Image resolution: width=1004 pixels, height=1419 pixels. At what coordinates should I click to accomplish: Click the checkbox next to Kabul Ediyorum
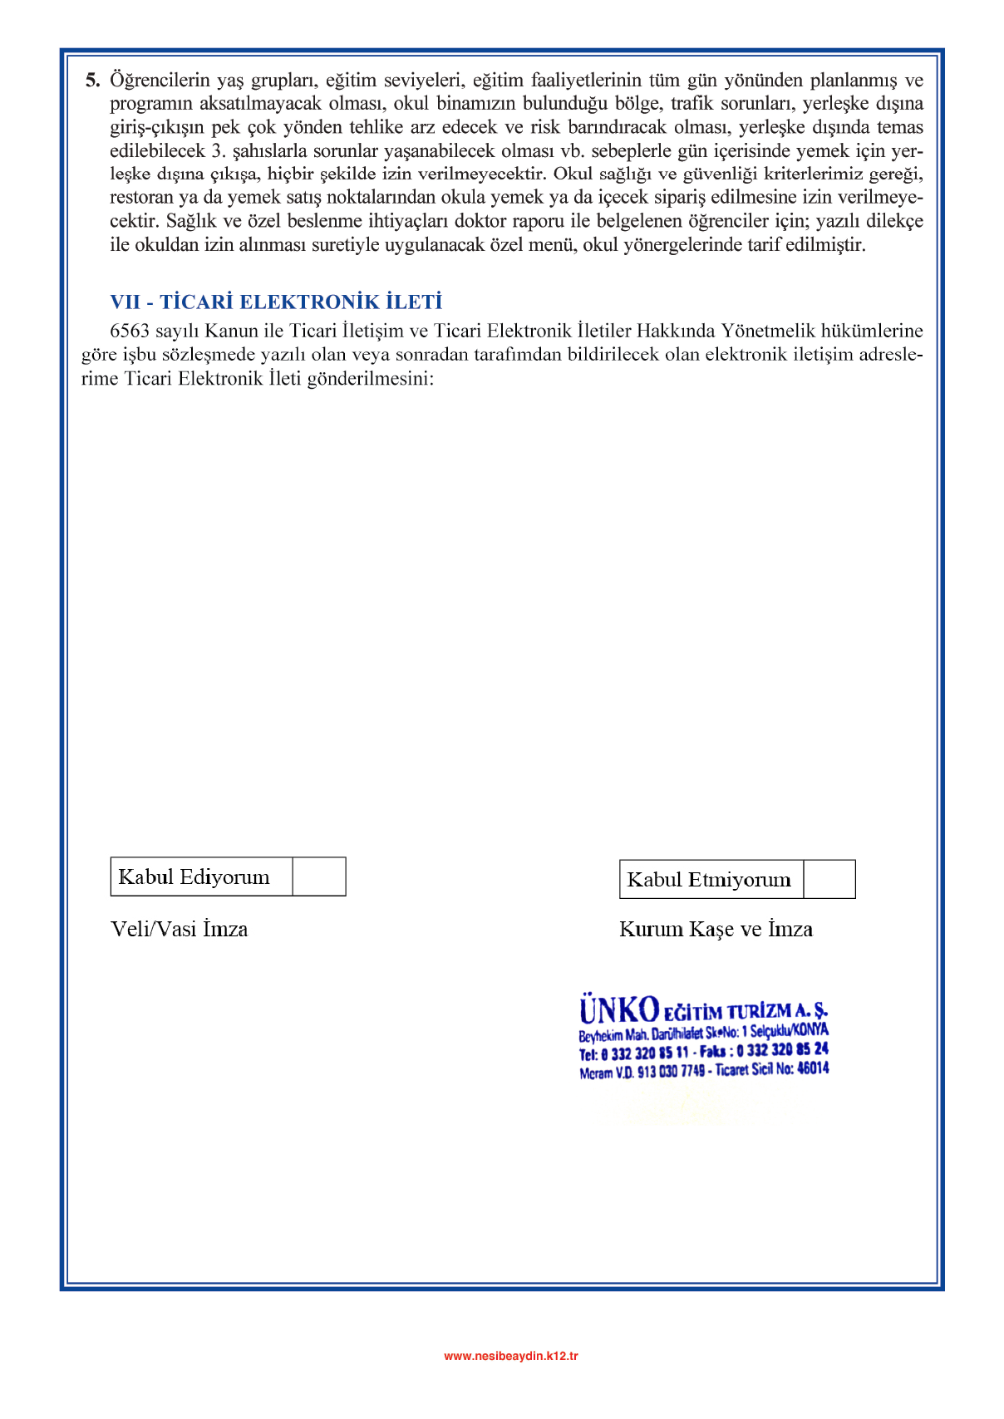click(319, 876)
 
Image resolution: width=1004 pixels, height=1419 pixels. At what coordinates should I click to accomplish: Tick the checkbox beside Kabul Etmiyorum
click(829, 879)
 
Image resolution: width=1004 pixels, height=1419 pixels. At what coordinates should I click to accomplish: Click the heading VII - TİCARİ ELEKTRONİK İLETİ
click(276, 302)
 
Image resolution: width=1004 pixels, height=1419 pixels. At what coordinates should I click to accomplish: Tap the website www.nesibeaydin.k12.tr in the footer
click(511, 1356)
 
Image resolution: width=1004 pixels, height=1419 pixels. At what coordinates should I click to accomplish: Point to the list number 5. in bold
click(92, 81)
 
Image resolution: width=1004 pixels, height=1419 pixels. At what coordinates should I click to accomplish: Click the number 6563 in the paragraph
click(130, 331)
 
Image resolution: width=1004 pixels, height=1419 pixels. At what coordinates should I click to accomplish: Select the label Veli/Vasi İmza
click(180, 929)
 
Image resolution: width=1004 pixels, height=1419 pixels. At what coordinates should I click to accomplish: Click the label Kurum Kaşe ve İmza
click(716, 929)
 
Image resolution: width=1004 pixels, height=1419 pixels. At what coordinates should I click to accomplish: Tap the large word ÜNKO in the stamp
click(619, 1010)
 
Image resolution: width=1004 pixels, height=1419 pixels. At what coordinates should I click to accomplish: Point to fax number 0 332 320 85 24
click(782, 1050)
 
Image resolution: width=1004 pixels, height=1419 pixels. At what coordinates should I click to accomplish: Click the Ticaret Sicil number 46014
click(813, 1068)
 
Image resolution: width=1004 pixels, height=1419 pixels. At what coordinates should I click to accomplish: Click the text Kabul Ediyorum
click(194, 876)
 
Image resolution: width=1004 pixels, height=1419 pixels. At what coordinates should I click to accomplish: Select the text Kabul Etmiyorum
click(709, 879)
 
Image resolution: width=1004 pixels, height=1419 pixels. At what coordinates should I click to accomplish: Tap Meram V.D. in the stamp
click(606, 1073)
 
